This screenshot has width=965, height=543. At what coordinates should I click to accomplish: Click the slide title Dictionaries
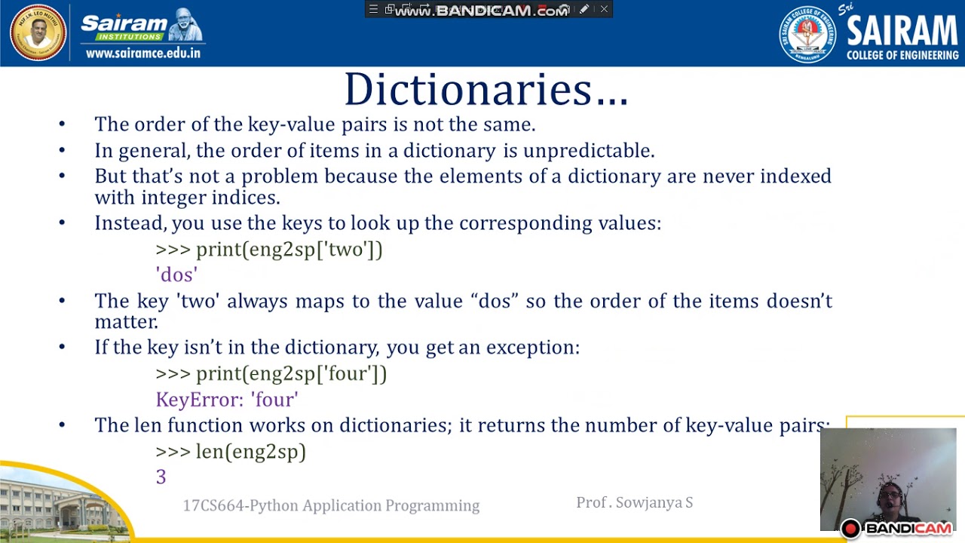[x=486, y=90]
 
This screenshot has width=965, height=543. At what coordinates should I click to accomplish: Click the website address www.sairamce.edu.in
[x=143, y=54]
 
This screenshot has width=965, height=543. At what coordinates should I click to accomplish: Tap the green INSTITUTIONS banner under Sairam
[x=129, y=37]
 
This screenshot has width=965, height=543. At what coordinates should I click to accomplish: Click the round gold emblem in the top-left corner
[x=38, y=32]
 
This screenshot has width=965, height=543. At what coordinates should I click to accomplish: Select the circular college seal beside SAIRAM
[x=807, y=35]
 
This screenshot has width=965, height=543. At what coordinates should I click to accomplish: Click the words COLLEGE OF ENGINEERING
[x=902, y=55]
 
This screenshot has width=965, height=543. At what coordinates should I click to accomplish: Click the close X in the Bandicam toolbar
[x=604, y=9]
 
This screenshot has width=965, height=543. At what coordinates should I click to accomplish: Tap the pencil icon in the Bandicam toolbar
[x=584, y=9]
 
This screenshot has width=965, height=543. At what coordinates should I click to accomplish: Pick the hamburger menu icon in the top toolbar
[x=373, y=9]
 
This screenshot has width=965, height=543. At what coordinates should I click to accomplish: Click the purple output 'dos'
[x=176, y=275]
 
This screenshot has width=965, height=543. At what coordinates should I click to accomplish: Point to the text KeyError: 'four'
[x=227, y=400]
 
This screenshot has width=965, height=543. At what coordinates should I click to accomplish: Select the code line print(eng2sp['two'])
[x=289, y=250]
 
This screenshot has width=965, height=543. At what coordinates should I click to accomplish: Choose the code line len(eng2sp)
[x=251, y=451]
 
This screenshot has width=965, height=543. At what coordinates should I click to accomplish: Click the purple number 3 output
[x=161, y=477]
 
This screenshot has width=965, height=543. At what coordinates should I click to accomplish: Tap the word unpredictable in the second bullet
[x=589, y=151]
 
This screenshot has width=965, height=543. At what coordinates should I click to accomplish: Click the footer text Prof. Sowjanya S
[x=635, y=502]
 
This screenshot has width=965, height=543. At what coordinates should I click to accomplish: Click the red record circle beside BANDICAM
[x=851, y=529]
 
